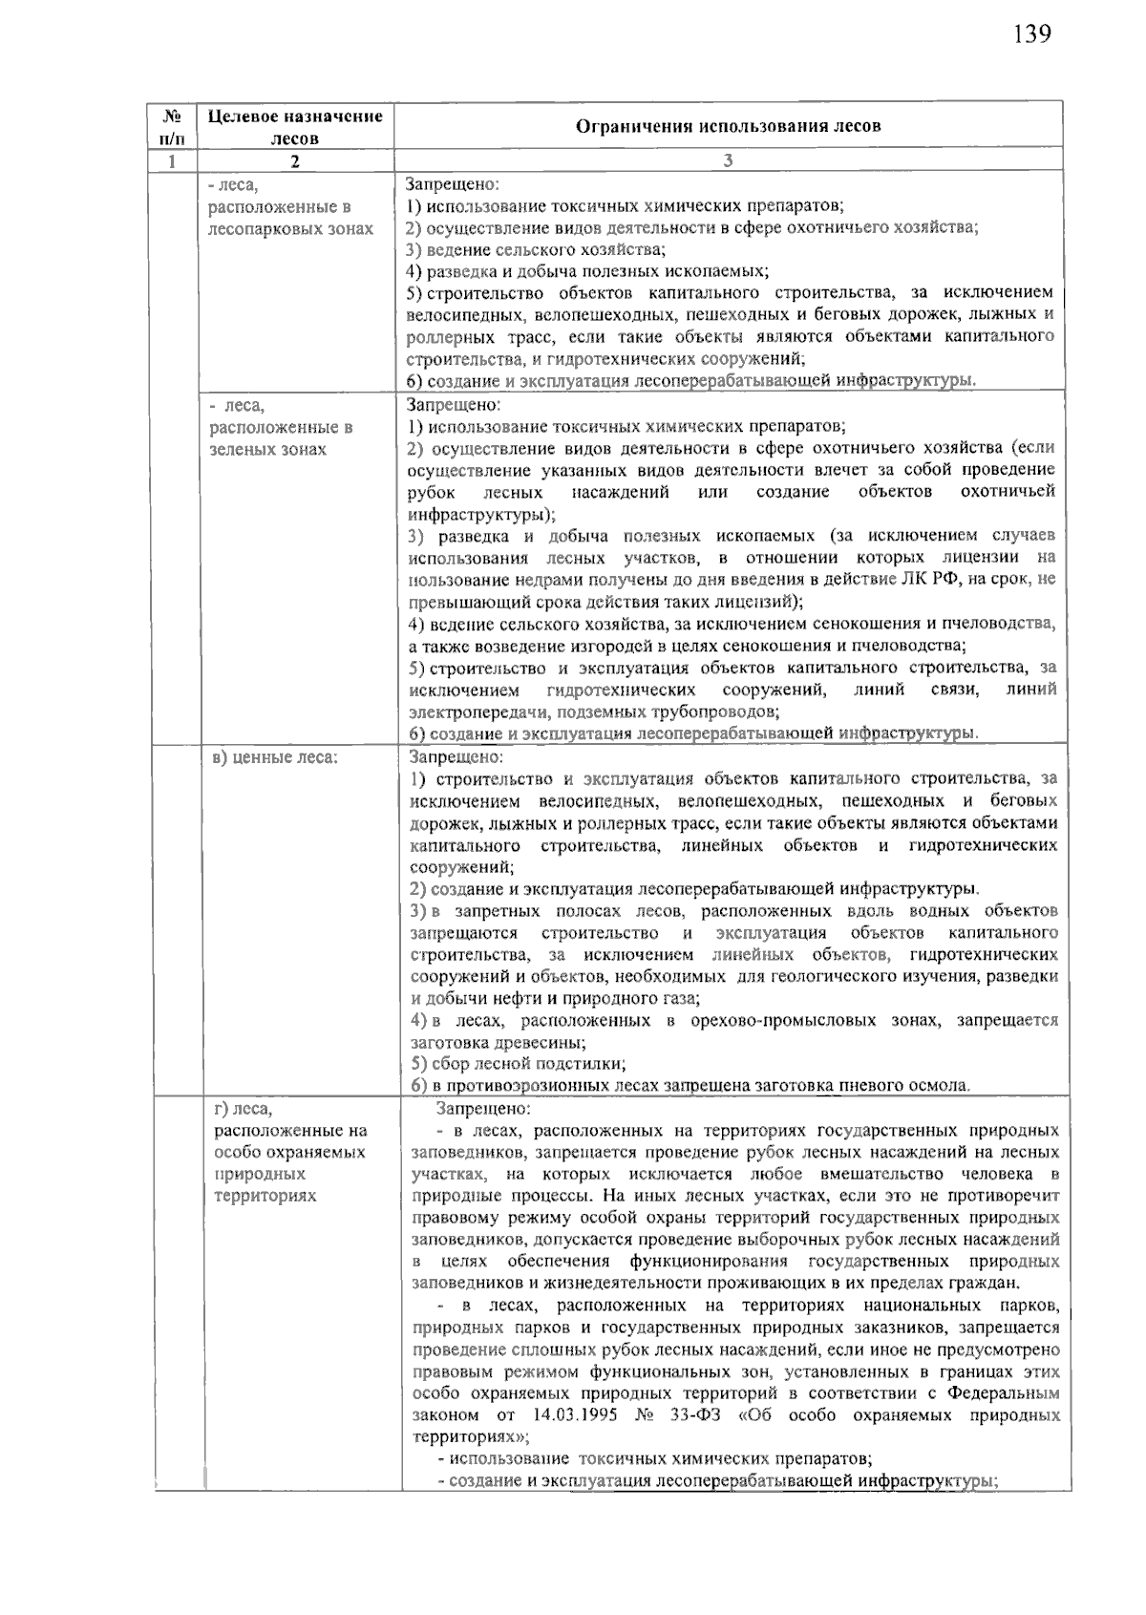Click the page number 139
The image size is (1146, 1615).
[1031, 34]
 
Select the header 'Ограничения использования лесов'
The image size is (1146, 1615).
[728, 126]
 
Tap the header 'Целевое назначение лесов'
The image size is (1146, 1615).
[295, 126]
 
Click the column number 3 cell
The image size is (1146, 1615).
[728, 160]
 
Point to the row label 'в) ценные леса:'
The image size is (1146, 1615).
[276, 757]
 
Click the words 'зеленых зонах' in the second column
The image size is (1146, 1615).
[267, 449]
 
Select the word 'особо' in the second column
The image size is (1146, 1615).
[235, 1152]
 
